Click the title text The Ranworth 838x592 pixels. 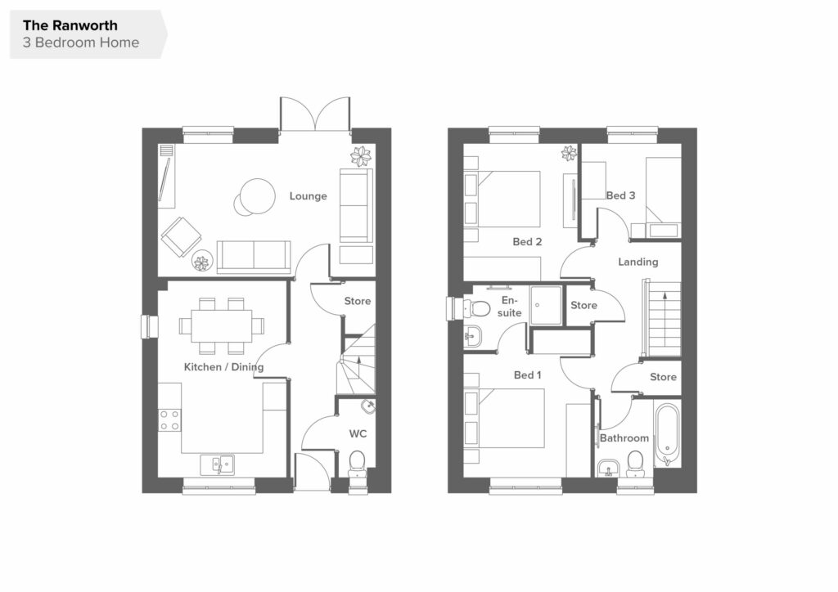pos(70,25)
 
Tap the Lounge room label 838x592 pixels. pos(308,196)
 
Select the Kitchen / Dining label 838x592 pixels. pos(223,367)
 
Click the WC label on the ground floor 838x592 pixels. pos(358,433)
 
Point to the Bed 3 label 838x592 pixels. pos(620,195)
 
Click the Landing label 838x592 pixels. pos(638,262)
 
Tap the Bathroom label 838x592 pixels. pos(624,438)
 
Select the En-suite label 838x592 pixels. pos(509,307)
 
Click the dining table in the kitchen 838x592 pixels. pos(221,326)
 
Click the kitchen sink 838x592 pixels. pos(217,464)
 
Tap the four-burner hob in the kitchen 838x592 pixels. pos(169,419)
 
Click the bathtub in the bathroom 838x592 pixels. pos(667,435)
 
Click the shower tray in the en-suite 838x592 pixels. pos(546,305)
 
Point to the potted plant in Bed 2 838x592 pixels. pos(569,154)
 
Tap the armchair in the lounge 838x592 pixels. pos(181,236)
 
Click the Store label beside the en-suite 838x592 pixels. pos(583,305)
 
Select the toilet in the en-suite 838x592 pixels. pos(477,308)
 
